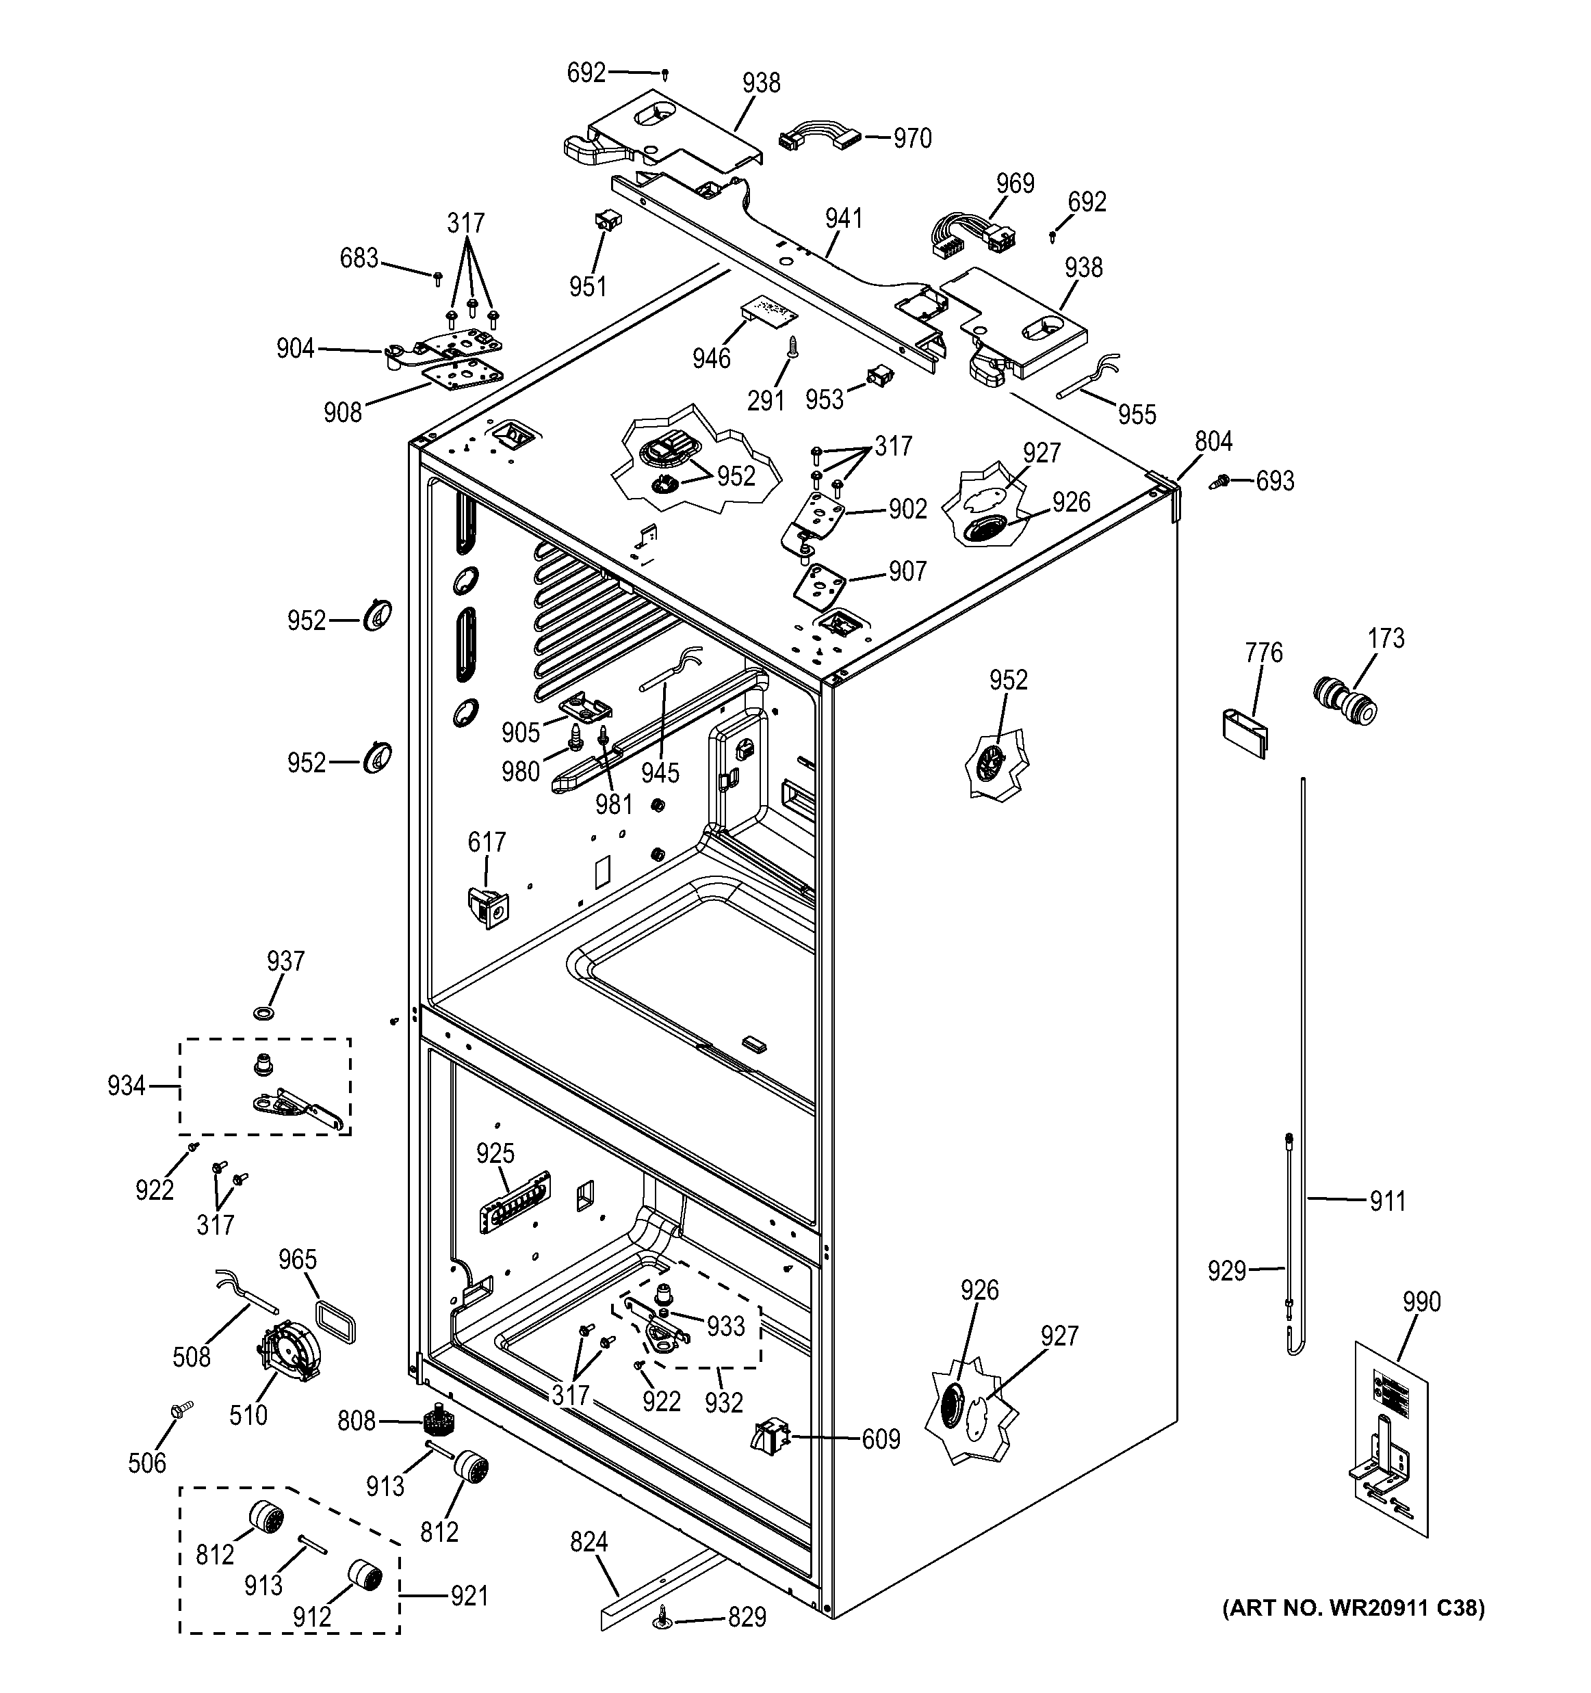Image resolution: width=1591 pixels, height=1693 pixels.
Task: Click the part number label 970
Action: click(911, 138)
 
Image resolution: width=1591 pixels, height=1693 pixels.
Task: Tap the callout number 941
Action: click(843, 219)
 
